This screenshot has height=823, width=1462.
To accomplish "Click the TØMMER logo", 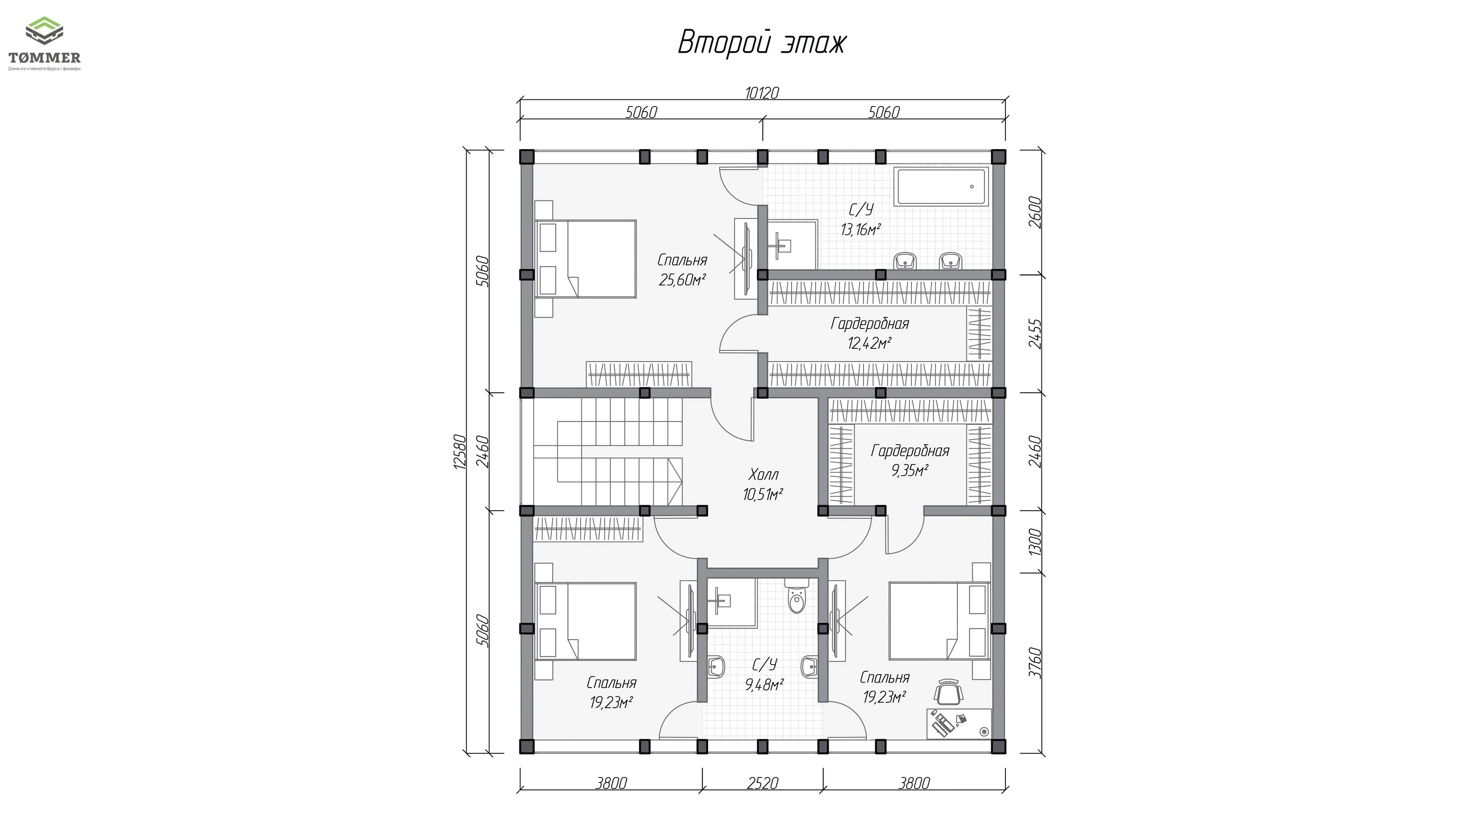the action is click(x=44, y=44).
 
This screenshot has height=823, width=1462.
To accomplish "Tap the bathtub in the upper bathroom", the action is click(x=942, y=186).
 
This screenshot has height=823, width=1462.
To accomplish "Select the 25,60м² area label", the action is click(x=682, y=280).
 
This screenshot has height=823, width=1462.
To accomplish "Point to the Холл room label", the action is click(x=763, y=475).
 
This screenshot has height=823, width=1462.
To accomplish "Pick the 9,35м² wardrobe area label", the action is click(x=910, y=470).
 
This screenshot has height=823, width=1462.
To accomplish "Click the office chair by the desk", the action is click(x=948, y=693).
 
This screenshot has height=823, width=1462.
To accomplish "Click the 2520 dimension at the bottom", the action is click(x=762, y=783).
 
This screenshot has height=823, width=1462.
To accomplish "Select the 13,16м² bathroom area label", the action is click(x=860, y=230).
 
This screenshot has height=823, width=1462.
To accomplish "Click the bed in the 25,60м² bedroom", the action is click(x=586, y=259).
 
